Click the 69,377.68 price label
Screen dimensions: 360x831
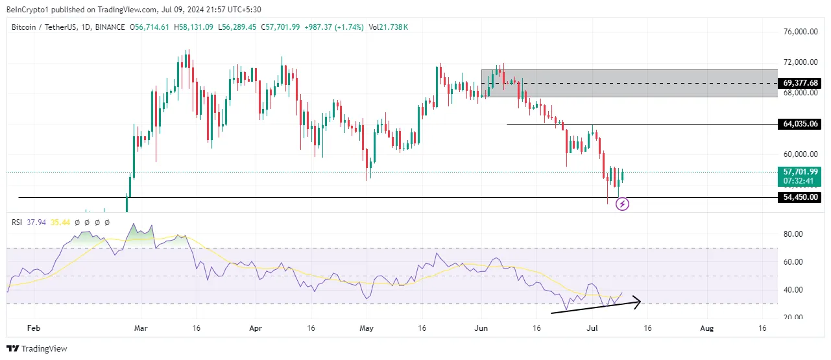[x=801, y=83]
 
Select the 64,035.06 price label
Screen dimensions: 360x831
[x=801, y=124]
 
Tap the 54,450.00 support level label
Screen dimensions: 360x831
[x=801, y=197]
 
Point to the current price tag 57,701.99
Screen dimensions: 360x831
[x=801, y=172]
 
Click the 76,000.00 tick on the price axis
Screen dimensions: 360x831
[x=799, y=32]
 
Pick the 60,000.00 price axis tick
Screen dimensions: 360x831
[x=799, y=154]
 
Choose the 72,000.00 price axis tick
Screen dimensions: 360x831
[x=799, y=62]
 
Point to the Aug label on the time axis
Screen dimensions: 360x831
[x=707, y=329]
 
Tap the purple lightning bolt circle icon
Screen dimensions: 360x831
[x=622, y=204]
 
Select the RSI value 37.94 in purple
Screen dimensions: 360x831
[x=36, y=222]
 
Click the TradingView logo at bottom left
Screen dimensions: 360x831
[x=38, y=349]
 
